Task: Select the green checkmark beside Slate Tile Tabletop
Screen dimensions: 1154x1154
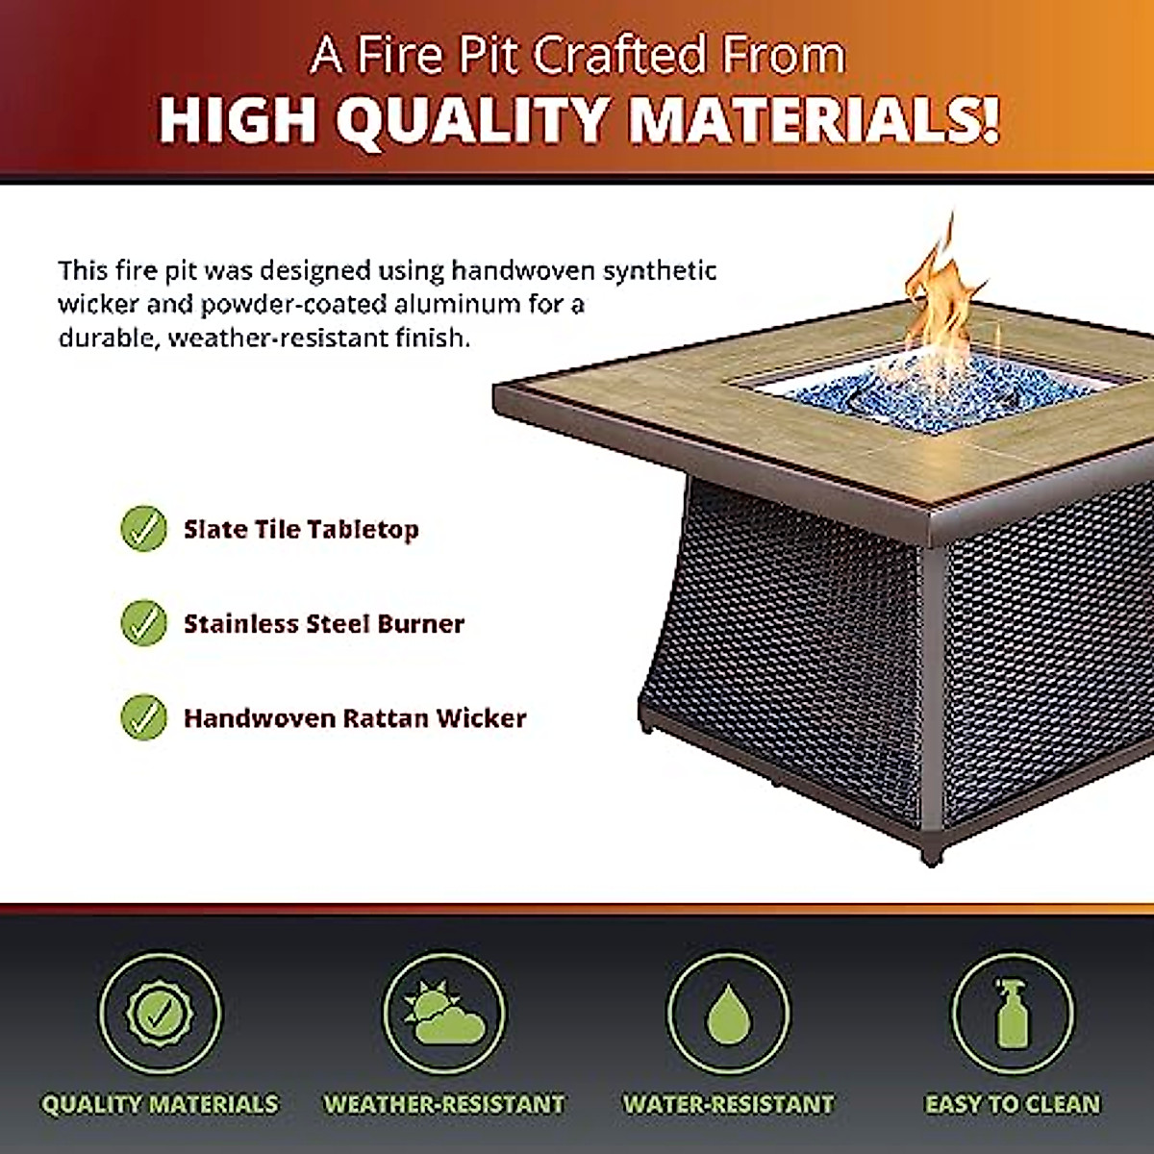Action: [144, 529]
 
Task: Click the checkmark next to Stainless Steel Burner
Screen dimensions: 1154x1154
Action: [144, 623]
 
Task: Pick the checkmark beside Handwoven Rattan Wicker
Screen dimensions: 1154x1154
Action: [144, 717]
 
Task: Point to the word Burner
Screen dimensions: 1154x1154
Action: [421, 623]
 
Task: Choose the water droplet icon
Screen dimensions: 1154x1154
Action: [728, 1015]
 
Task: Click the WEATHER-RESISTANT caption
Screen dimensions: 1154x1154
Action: [443, 1104]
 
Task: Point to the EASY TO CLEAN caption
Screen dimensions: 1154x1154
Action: [1012, 1104]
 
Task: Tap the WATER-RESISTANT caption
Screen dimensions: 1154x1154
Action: [728, 1104]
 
